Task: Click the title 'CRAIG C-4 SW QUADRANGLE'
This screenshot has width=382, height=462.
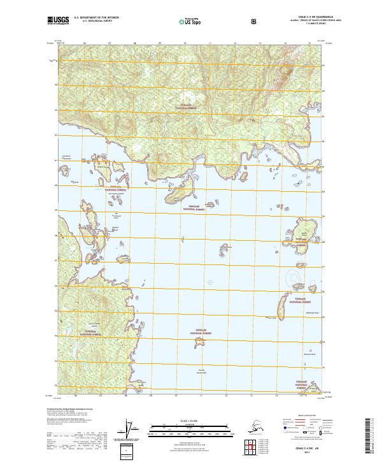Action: (299, 17)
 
